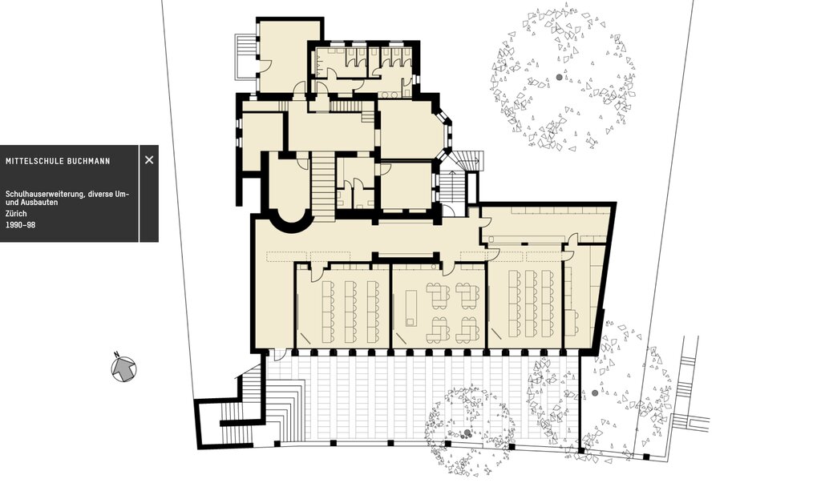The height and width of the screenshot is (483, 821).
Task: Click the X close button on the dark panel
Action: [149, 160]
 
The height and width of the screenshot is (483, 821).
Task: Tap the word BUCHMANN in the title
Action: [89, 161]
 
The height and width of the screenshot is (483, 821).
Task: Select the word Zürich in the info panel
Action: [16, 214]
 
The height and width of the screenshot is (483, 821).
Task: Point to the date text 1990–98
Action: [20, 225]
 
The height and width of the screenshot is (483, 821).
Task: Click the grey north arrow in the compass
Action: [123, 368]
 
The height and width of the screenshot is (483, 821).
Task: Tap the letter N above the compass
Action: [117, 353]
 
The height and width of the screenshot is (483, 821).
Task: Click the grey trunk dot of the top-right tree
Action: [559, 77]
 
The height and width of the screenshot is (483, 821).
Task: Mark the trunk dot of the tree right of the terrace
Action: [594, 392]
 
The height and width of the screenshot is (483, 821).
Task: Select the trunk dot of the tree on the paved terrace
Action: [467, 433]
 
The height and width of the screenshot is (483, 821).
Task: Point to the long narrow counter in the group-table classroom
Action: [411, 308]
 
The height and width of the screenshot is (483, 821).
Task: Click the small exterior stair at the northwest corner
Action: [245, 55]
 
